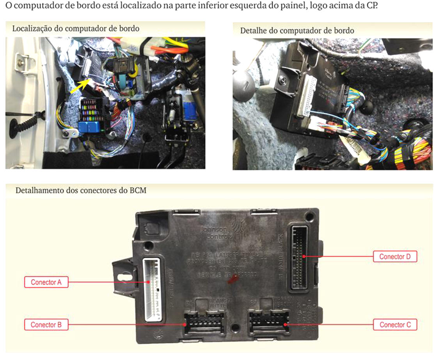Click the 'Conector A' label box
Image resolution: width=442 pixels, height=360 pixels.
coord(46,282)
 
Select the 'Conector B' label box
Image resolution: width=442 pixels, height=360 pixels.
coord(46,325)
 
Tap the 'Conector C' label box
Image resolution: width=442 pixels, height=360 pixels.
coord(395,325)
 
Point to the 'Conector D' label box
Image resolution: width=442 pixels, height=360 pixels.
coord(395,257)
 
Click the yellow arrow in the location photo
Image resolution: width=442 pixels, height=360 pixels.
coord(80,87)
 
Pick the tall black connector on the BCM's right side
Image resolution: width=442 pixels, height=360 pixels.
coord(298,258)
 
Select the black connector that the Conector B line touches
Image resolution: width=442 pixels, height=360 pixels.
coord(204,323)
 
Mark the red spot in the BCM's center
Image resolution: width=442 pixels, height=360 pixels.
coord(233,279)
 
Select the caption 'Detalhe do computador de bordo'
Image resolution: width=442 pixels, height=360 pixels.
coord(297,30)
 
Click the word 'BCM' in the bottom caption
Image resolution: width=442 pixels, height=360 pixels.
coord(138,191)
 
